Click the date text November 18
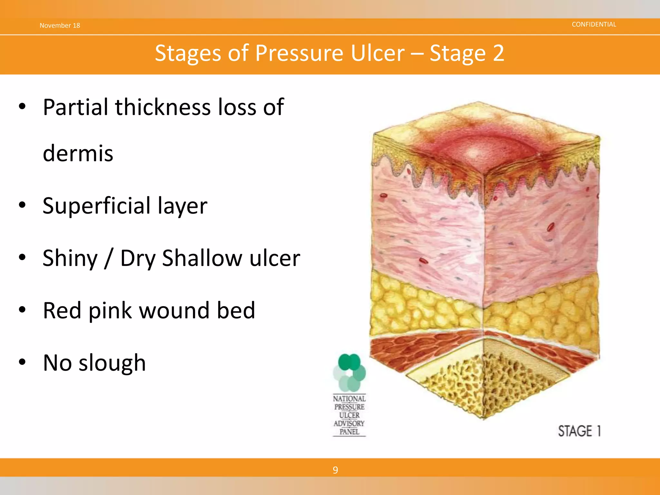60,25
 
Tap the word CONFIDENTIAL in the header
594,24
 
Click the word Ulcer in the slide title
377,53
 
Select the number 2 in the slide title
498,53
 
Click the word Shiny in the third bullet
70,258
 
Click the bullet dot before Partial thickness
22,106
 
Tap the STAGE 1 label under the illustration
579,431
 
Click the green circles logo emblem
349,372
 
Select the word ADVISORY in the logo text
349,423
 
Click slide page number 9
335,470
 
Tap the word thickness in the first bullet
163,107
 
